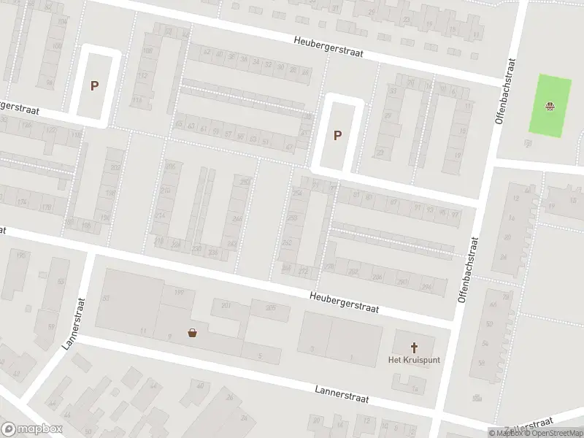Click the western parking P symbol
(94, 85)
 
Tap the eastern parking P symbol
(337, 135)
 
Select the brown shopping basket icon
(193, 334)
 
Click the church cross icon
(414, 347)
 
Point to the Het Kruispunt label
(414, 360)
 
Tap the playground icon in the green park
(550, 106)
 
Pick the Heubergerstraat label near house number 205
(344, 302)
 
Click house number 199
(179, 292)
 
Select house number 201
(226, 304)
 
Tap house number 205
(270, 308)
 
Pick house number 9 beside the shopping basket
(169, 336)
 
